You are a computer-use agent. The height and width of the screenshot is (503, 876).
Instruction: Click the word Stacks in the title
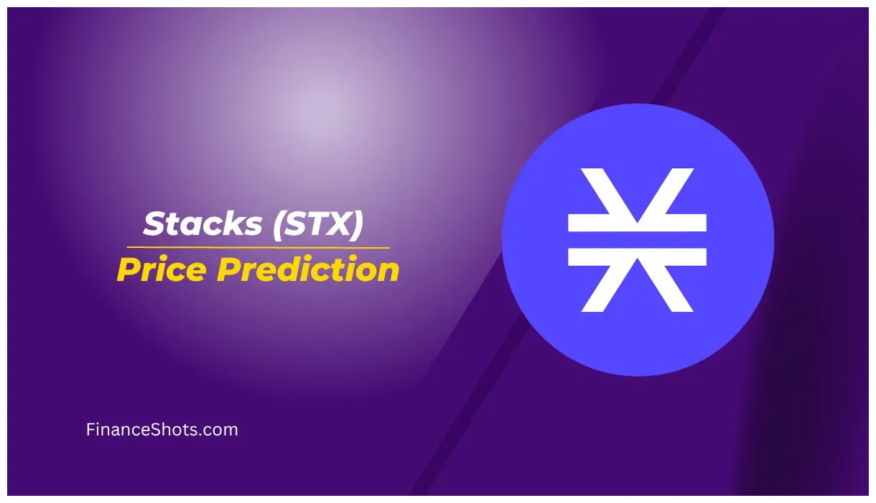point(202,224)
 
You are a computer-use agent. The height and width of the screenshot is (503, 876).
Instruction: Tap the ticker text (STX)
point(317,224)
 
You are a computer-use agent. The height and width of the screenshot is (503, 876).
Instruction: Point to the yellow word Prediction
point(308,270)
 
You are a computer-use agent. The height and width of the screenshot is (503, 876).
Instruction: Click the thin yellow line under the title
point(258,247)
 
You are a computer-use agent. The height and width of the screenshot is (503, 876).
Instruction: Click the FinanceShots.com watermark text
point(162,430)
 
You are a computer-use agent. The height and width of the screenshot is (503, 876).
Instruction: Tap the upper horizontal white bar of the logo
point(638,223)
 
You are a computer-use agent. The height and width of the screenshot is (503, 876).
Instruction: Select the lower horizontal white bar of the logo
point(638,257)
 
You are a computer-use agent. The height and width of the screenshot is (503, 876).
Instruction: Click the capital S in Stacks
point(155,224)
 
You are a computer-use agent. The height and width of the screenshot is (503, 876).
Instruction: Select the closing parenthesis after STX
point(357,225)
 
